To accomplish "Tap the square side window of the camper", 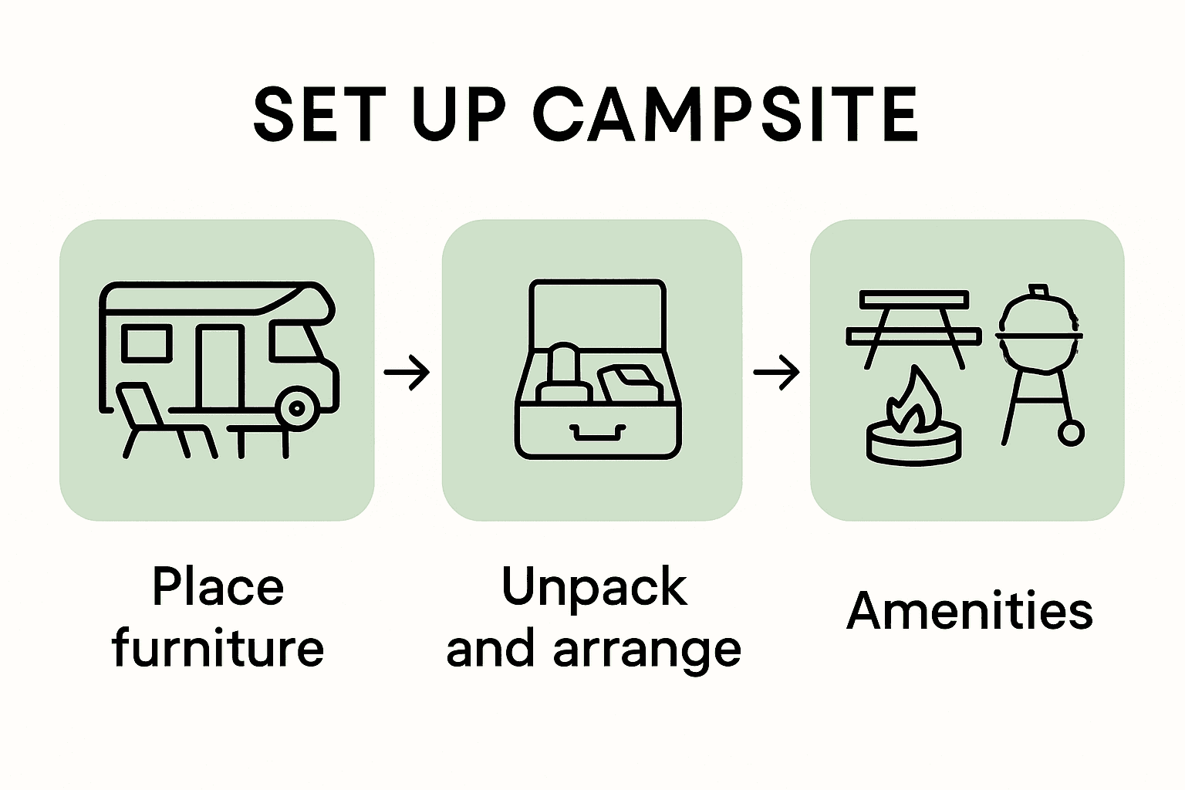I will pos(147,343).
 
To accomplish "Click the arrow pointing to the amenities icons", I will pos(776,373).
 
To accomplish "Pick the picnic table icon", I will pos(913,327).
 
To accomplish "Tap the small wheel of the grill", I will pos(1070,433).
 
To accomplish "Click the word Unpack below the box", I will pos(593,586).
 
